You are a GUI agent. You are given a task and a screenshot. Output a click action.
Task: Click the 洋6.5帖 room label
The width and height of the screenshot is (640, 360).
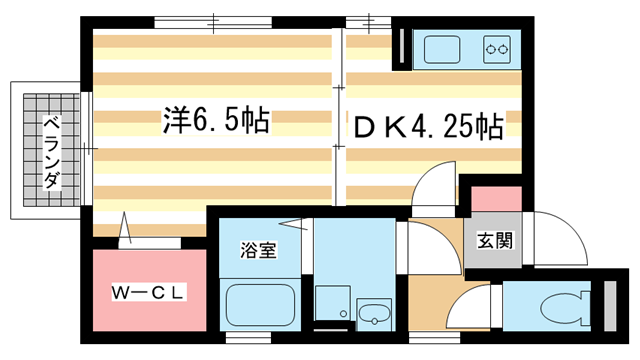pos(215,121)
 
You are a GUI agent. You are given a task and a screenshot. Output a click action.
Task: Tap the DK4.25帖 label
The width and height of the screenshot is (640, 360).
pos(425,128)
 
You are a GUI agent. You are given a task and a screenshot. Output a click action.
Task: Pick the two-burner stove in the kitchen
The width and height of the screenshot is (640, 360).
pos(497,46)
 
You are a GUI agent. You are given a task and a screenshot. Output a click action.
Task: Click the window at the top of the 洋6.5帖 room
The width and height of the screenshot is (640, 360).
pos(216,19)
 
